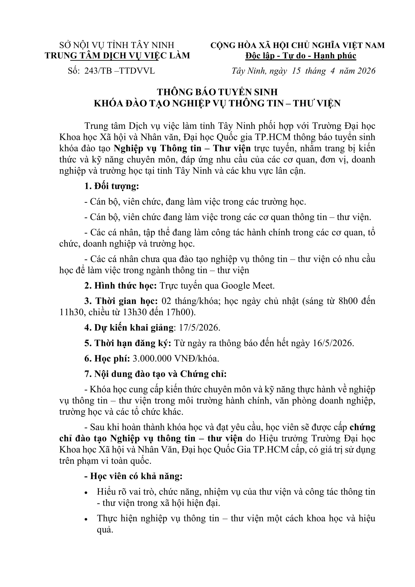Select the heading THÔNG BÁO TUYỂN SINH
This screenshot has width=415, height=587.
tap(217, 92)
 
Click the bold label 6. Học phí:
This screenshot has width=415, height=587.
tap(107, 358)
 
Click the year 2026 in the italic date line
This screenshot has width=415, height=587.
tap(366, 71)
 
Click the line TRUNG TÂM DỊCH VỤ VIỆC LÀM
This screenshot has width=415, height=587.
tap(117, 56)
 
